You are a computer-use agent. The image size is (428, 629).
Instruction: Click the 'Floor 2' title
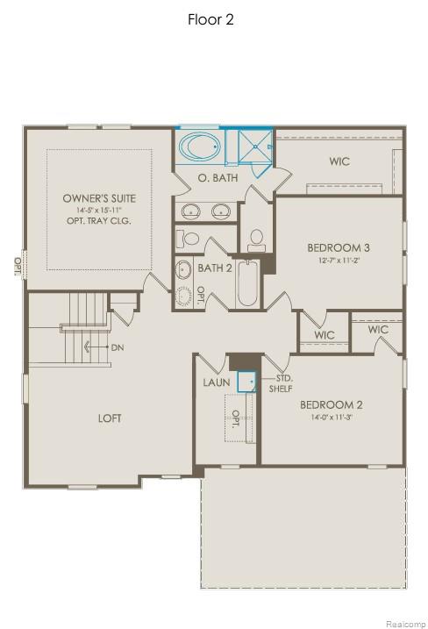click(210, 19)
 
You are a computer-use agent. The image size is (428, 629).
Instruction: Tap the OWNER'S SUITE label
click(99, 198)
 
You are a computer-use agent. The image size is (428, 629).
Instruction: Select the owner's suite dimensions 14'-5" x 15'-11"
click(99, 211)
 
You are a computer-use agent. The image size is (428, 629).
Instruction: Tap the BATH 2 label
click(214, 268)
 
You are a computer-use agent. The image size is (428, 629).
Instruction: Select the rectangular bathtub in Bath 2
click(247, 283)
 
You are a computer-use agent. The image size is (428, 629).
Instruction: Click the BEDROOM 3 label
click(338, 247)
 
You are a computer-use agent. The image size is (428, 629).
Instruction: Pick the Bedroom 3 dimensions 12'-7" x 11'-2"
click(338, 260)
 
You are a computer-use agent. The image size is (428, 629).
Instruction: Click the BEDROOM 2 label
click(331, 404)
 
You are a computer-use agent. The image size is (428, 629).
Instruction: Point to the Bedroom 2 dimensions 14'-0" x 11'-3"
click(331, 417)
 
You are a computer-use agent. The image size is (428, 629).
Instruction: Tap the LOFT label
click(110, 418)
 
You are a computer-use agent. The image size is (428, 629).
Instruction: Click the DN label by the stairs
click(118, 347)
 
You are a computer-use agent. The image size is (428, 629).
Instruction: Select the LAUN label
click(217, 382)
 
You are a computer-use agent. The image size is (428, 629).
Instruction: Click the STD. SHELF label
click(281, 383)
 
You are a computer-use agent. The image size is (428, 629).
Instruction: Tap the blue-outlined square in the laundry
click(246, 382)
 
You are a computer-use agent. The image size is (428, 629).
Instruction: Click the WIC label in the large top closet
click(340, 161)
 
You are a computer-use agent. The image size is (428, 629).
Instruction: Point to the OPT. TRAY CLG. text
click(99, 222)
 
